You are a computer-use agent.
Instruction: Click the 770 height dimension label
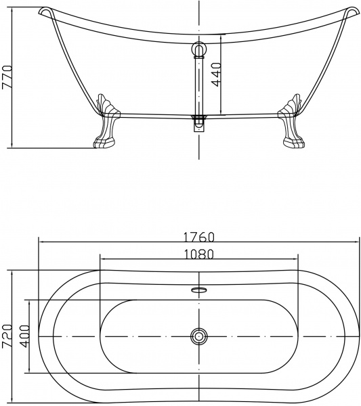pyautogui.click(x=7, y=78)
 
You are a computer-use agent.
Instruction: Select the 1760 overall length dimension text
pyautogui.click(x=198, y=237)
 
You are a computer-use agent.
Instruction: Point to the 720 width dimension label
pyautogui.click(x=7, y=336)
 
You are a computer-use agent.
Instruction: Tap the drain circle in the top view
pyautogui.click(x=198, y=336)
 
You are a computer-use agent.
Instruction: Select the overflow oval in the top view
pyautogui.click(x=198, y=290)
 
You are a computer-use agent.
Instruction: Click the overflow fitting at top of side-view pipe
pyautogui.click(x=198, y=49)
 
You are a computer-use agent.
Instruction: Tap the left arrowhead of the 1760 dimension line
pyautogui.click(x=41, y=242)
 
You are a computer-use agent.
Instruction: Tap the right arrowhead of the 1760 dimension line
pyautogui.click(x=356, y=242)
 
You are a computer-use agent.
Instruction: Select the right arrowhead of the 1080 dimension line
pyautogui.click(x=296, y=259)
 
